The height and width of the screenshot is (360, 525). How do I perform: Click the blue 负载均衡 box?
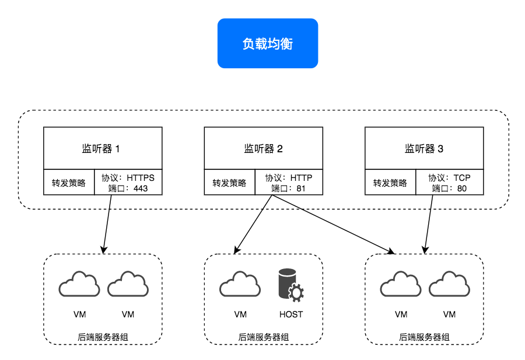pos(267,44)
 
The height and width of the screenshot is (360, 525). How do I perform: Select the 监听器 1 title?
pos(102,149)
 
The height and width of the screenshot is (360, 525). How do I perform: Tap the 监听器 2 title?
pos(263,149)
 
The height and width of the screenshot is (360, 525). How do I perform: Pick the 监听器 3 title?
pos(424,149)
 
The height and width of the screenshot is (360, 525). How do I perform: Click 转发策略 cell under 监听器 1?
pos(69,183)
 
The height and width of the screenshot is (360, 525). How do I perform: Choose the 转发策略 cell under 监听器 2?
pos(229,183)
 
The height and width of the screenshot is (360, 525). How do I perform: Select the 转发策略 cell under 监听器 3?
pos(390,183)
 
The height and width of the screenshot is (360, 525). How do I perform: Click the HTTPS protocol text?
pos(141,177)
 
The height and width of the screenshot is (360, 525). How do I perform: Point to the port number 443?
pos(141,188)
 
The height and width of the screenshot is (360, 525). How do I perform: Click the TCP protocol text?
pos(461,177)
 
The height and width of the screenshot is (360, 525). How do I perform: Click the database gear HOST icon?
pos(291,284)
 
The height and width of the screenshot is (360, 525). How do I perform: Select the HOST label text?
pos(291,314)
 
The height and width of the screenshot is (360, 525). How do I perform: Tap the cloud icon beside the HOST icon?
pos(240,284)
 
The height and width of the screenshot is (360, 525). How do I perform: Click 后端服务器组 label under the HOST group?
pos(263,337)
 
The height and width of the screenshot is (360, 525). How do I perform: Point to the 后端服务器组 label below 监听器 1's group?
pos(102,337)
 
